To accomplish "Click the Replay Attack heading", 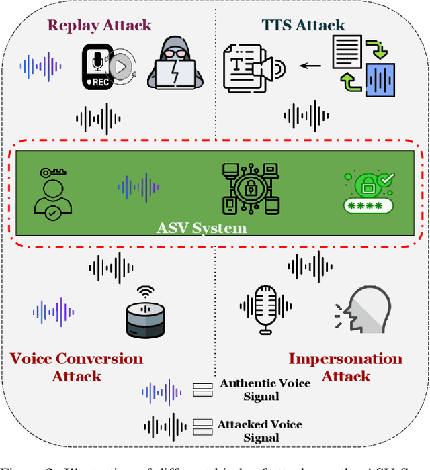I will (99, 26).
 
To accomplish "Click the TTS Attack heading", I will (303, 26).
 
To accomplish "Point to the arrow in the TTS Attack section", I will (310, 66).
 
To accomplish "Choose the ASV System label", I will (202, 228).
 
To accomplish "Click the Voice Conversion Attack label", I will (77, 367).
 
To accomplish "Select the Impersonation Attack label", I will (345, 367).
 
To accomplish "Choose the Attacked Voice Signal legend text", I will (260, 430).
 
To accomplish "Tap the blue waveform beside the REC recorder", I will (41, 66).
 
